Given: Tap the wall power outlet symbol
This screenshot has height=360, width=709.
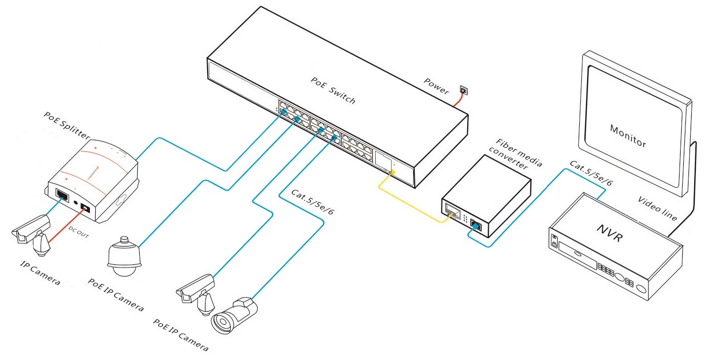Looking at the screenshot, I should tap(463, 90).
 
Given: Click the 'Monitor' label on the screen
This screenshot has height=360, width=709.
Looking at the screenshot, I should tap(628, 136).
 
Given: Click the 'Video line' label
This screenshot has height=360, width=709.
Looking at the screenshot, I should tap(657, 208).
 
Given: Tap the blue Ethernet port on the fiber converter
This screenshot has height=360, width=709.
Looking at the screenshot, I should tap(476, 225).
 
